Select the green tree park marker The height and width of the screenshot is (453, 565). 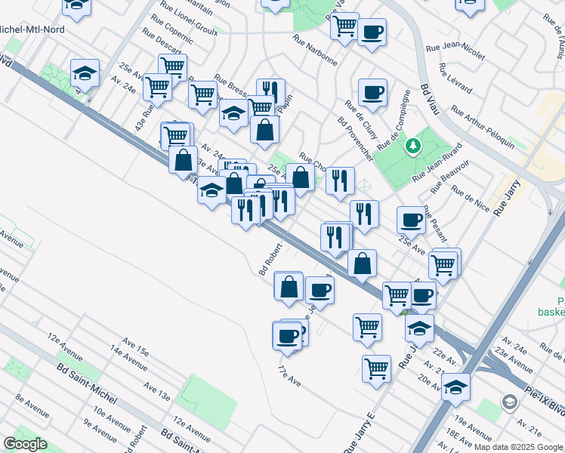click(x=412, y=146)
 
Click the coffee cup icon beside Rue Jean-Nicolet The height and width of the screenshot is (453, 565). click(x=372, y=33)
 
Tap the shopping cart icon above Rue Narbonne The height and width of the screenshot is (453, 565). click(x=344, y=26)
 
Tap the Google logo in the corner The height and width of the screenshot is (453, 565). click(x=26, y=444)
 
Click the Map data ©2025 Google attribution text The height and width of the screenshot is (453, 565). click(x=517, y=447)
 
